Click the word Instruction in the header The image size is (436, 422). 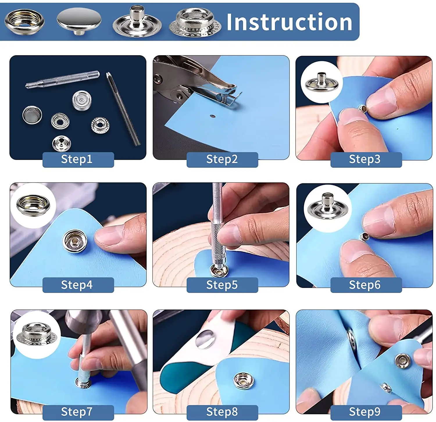[289, 22]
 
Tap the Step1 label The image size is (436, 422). [77, 159]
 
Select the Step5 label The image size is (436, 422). [222, 285]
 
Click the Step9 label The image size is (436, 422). [364, 412]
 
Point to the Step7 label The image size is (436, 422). [77, 412]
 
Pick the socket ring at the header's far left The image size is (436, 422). [25, 21]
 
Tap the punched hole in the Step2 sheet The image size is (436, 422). [213, 117]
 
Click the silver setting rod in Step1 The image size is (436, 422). [62, 79]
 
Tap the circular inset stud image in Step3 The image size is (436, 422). [321, 82]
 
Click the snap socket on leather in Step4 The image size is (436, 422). [75, 240]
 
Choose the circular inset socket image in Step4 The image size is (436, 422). [33, 204]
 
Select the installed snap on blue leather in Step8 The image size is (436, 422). [244, 381]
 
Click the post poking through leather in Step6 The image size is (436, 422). [363, 236]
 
